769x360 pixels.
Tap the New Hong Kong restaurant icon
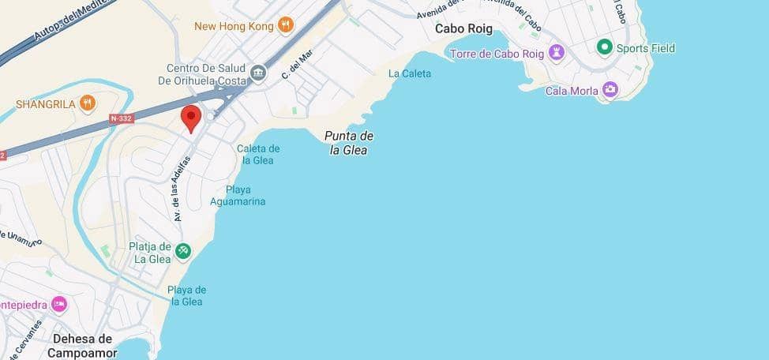pyautogui.click(x=285, y=26)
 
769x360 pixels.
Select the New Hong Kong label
pyautogui.click(x=234, y=26)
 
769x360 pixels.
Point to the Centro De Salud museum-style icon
pyautogui.click(x=258, y=74)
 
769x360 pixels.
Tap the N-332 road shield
pyautogui.click(x=121, y=118)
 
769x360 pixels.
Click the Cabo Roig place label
pyautogui.click(x=463, y=28)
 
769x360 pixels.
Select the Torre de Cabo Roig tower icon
pyautogui.click(x=559, y=54)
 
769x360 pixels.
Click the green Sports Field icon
pyautogui.click(x=605, y=47)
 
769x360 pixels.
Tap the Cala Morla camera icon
pyautogui.click(x=610, y=90)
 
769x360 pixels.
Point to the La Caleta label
pyautogui.click(x=410, y=73)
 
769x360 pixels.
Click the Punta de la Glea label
pyautogui.click(x=348, y=142)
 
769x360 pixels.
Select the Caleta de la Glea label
pyautogui.click(x=258, y=154)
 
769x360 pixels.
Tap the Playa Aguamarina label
pyautogui.click(x=238, y=195)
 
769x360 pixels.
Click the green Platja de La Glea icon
pyautogui.click(x=183, y=251)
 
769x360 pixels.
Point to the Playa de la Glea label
pyautogui.click(x=187, y=295)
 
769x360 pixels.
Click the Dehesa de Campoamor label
pyautogui.click(x=82, y=345)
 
